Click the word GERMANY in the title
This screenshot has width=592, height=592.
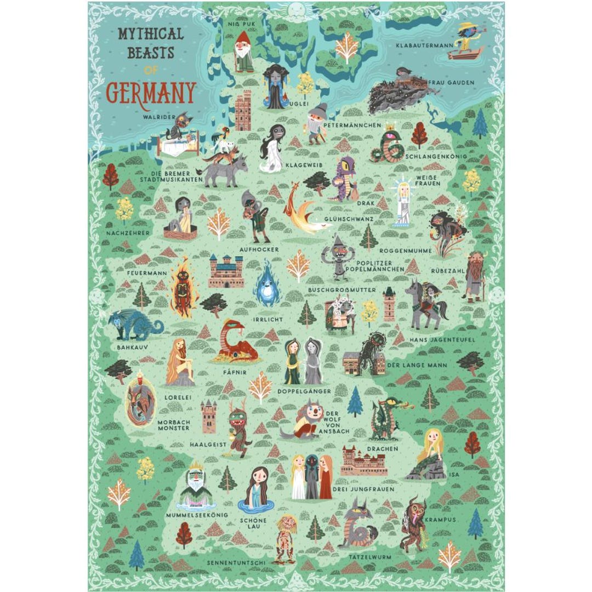click(151, 93)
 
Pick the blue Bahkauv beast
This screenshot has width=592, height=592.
click(134, 325)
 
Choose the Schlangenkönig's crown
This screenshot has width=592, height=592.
click(391, 130)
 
